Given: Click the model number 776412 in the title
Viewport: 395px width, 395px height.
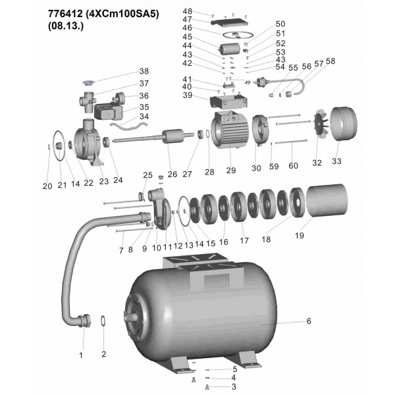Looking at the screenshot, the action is [x=65, y=14].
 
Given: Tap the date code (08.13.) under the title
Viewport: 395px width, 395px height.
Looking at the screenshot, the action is [x=66, y=26].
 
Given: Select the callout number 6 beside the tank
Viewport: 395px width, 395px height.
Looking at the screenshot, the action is [x=309, y=321].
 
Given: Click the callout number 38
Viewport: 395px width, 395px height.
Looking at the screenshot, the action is [x=144, y=71].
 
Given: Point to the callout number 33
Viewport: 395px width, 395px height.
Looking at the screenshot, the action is [x=336, y=161].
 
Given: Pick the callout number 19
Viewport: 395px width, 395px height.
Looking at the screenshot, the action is [x=300, y=236].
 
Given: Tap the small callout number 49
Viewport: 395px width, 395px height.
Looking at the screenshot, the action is [x=248, y=83].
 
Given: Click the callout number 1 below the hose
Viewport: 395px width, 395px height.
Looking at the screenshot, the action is [x=81, y=355].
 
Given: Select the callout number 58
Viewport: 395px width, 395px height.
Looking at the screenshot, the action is [x=330, y=61].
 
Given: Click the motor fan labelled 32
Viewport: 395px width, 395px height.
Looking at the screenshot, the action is [x=321, y=124].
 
